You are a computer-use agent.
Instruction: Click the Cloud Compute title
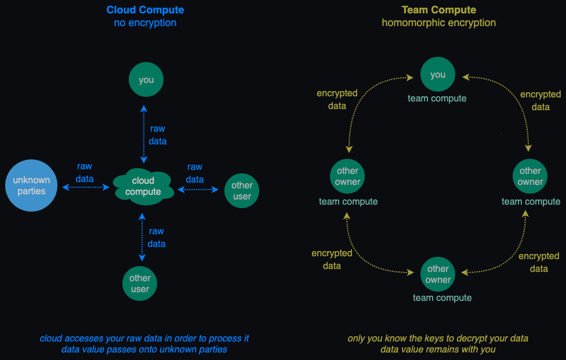click(x=145, y=10)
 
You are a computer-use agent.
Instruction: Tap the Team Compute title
click(x=438, y=10)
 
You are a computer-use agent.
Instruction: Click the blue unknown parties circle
click(x=31, y=186)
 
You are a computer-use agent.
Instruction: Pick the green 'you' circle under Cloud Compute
click(x=146, y=79)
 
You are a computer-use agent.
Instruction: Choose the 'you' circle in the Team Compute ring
click(x=438, y=74)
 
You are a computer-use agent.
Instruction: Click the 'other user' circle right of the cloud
click(x=242, y=191)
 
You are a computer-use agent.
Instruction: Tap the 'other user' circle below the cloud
click(x=140, y=283)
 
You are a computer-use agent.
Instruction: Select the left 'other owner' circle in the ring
click(x=347, y=176)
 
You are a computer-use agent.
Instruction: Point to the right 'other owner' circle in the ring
click(x=530, y=176)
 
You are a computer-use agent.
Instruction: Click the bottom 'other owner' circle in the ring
click(x=438, y=274)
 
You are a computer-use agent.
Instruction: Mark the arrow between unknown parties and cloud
click(x=86, y=187)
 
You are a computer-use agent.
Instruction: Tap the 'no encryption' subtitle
click(x=145, y=23)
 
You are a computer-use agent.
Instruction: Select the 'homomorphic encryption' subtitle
click(x=438, y=23)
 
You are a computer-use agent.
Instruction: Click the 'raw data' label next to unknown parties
click(x=85, y=173)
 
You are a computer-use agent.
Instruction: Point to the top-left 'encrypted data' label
click(x=337, y=100)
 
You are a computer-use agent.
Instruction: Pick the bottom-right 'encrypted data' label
click(x=539, y=262)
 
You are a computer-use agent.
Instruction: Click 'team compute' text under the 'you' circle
click(x=437, y=99)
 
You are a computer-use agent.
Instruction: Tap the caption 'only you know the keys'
click(x=438, y=339)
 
